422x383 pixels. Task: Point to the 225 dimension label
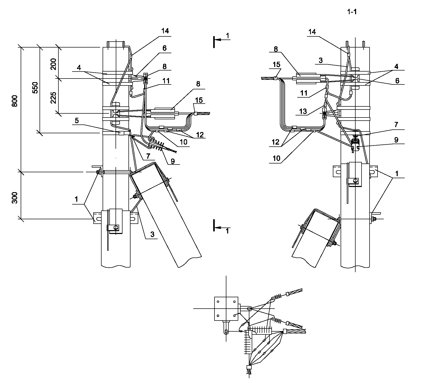(54, 96)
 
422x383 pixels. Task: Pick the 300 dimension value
(15, 197)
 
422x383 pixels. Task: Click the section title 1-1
(352, 12)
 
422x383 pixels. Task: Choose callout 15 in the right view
(277, 64)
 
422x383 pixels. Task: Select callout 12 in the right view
(276, 142)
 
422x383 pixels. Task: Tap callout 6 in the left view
(165, 48)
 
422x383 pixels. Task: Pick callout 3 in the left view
(152, 235)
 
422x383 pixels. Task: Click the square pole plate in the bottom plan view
(226, 308)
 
